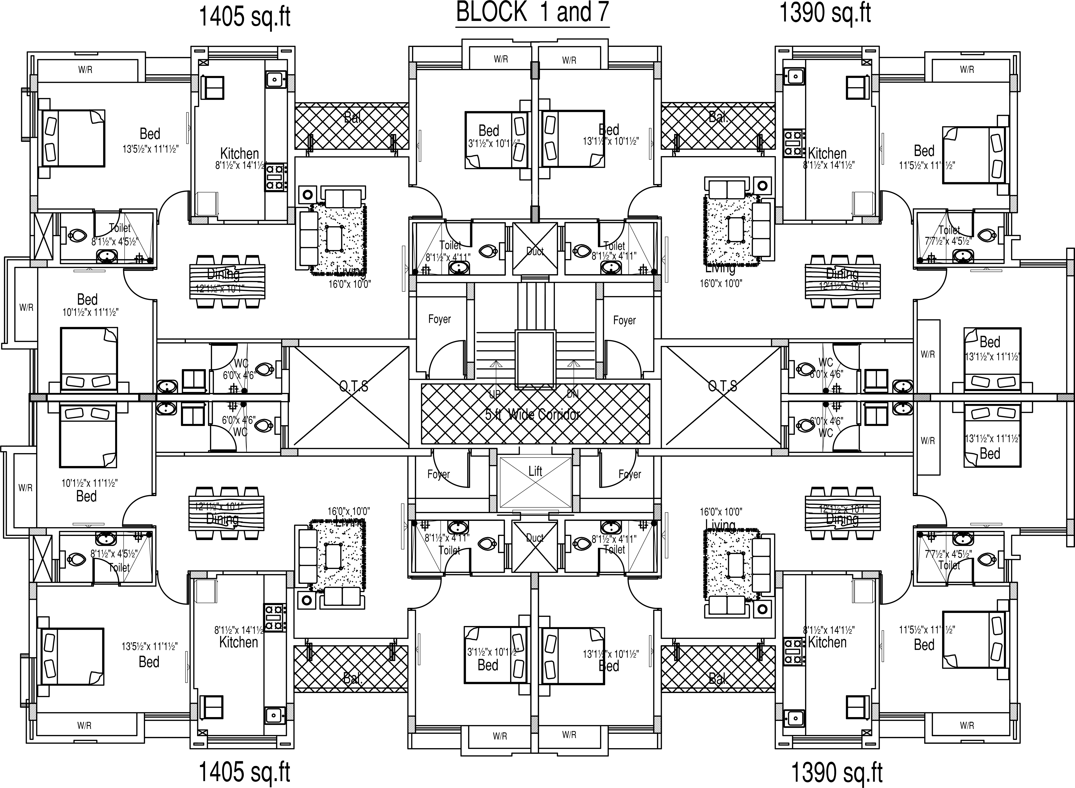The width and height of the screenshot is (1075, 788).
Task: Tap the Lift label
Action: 535,471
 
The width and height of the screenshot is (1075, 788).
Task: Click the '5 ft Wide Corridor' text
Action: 532,414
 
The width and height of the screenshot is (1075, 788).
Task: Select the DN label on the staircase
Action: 572,394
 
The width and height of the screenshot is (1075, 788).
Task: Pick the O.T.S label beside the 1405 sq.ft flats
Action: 354,386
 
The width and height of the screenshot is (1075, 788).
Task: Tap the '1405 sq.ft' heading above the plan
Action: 244,17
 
